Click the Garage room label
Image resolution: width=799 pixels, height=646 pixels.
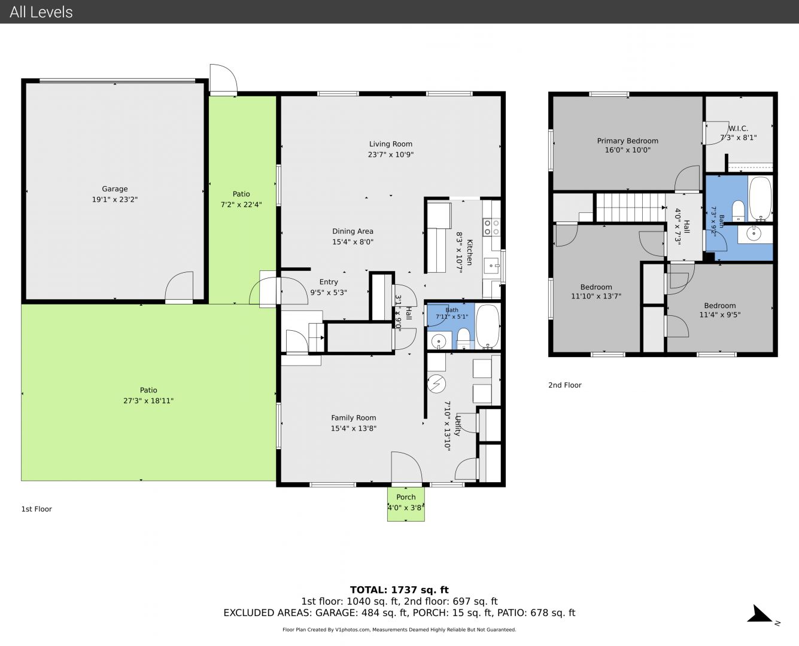tap(115, 189)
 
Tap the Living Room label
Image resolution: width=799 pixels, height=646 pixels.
tap(390, 144)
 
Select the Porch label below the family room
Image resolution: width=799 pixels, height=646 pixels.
tap(406, 497)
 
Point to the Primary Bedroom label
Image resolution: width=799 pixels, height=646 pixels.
tap(628, 141)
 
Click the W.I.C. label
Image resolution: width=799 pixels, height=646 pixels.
tap(738, 129)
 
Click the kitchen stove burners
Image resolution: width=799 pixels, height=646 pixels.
tap(491, 227)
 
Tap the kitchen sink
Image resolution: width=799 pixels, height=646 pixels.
tap(491, 266)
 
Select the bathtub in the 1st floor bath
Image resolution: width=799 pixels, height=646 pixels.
tap(488, 327)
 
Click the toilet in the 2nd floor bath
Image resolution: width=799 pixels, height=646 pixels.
tap(738, 211)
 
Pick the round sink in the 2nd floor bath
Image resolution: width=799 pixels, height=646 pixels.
tap(754, 234)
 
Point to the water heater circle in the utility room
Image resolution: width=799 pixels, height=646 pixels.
tap(436, 383)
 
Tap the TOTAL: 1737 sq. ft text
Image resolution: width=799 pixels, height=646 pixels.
tap(399, 590)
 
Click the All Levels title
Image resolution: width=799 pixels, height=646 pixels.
tap(41, 12)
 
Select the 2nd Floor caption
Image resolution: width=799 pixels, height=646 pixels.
tap(564, 385)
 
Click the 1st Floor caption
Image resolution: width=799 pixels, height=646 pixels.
tap(37, 509)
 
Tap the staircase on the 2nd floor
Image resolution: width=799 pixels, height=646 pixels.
tap(631, 208)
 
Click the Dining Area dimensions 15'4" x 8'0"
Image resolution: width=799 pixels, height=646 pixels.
tap(353, 242)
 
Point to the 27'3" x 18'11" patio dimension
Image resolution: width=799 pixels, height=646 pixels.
tap(148, 401)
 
